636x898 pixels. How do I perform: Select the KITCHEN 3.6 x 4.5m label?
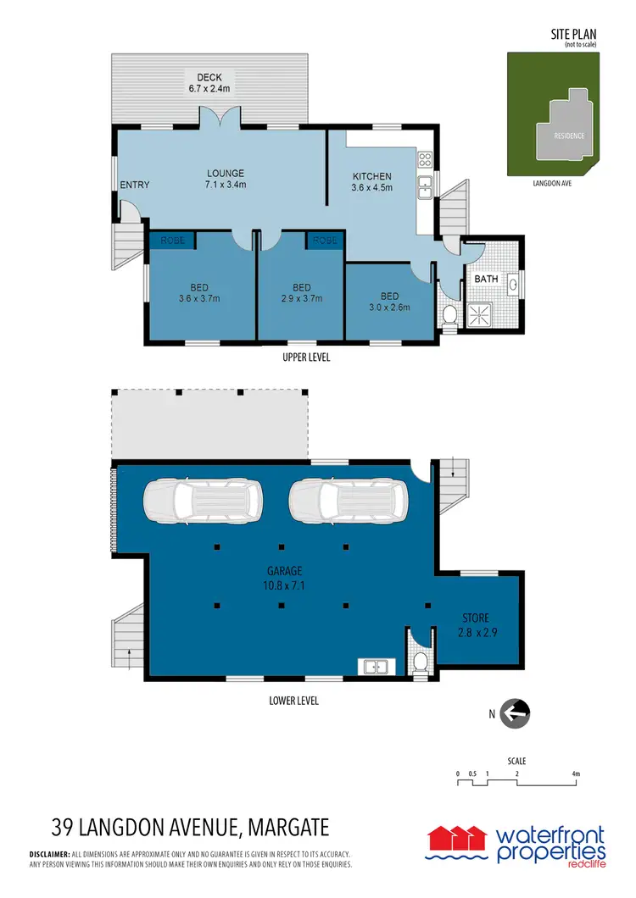pos(372,182)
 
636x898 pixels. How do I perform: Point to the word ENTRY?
pos(134,186)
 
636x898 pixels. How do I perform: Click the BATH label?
pos(486,279)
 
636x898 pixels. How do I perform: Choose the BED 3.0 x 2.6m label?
pos(389,302)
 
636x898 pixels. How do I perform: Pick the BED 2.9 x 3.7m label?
pos(301,292)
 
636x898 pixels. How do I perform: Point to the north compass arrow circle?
pos(515,713)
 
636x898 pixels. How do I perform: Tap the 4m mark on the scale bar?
pos(576,773)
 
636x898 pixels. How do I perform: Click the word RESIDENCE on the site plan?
pos(569,136)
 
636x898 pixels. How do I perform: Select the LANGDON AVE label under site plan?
pos(550,181)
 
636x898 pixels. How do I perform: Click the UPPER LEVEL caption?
pos(306,358)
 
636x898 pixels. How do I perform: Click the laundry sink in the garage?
pos(375,667)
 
